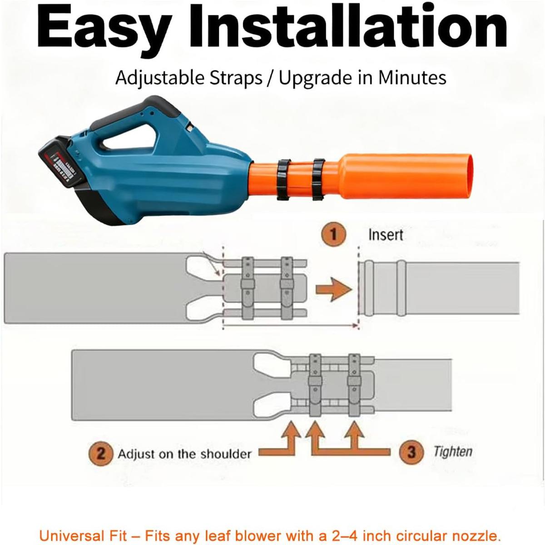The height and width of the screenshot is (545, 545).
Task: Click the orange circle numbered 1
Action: coord(334,235)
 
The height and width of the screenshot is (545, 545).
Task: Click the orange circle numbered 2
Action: coord(101,453)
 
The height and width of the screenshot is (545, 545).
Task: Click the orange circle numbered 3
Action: coord(411,452)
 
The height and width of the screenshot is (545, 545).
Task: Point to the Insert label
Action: coord(385,235)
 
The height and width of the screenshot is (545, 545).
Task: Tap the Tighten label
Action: coord(452,452)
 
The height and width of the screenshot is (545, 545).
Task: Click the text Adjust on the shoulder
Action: coord(184,453)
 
